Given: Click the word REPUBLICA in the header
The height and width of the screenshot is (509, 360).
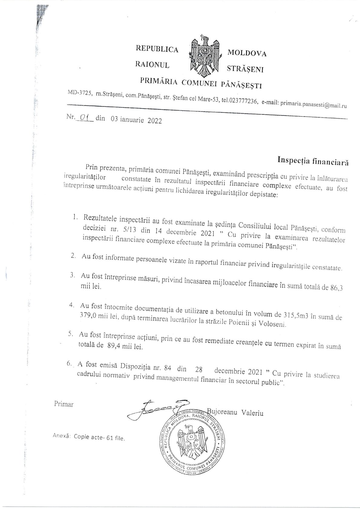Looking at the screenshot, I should coord(157,50).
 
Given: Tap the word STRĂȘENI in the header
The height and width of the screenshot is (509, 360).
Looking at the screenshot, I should coord(245,70).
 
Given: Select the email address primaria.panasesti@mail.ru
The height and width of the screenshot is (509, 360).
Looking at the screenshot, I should coord(313,106).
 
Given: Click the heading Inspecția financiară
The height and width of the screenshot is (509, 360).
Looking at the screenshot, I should coord(313,162).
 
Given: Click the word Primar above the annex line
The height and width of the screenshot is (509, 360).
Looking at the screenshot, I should coord(64,404).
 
